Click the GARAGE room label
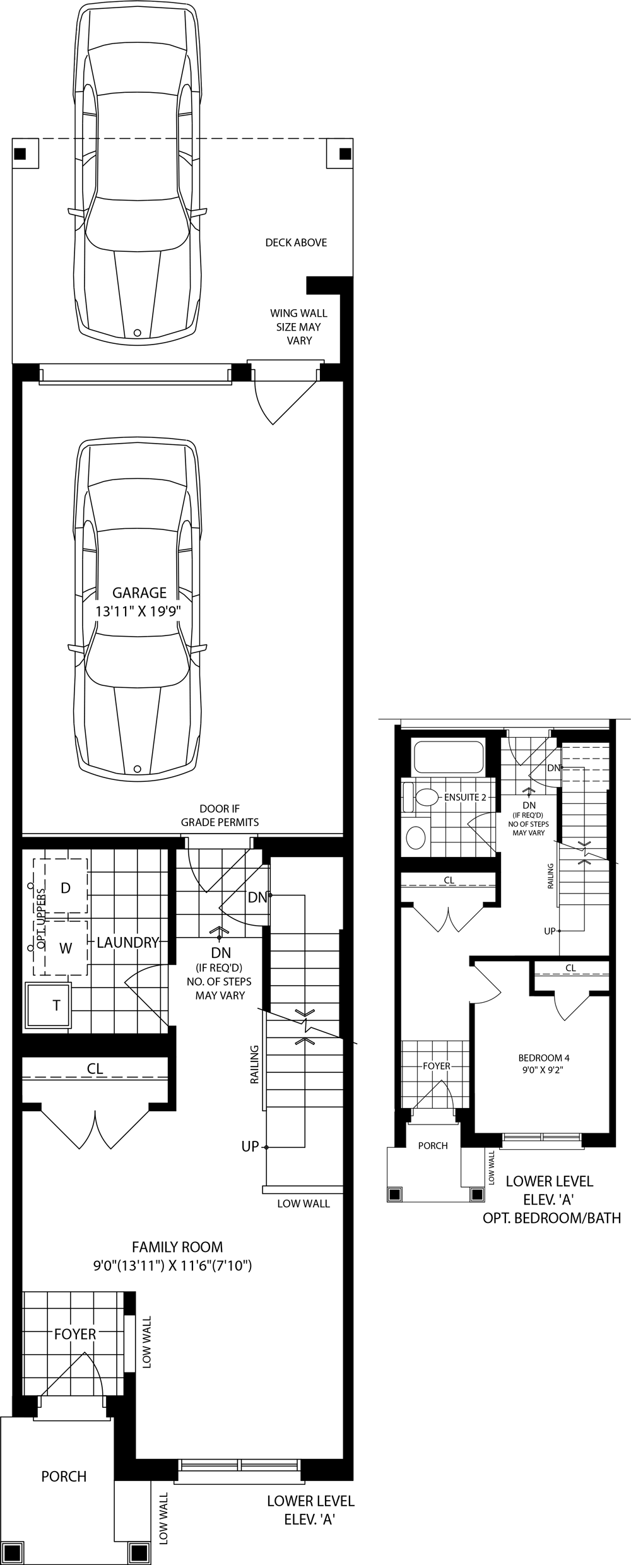point(139,593)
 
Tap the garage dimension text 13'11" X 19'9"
point(139,611)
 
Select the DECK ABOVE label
point(296,242)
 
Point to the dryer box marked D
point(66,887)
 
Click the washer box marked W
point(66,948)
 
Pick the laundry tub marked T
point(49,1005)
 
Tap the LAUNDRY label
point(127,942)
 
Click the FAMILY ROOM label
point(177,1247)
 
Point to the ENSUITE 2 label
point(465,797)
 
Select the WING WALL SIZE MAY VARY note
point(299,326)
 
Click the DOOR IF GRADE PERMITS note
point(220,815)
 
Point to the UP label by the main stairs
point(251,1147)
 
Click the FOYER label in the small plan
point(437,1066)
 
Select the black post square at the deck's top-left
point(21,153)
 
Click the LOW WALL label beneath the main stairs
point(304,1203)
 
